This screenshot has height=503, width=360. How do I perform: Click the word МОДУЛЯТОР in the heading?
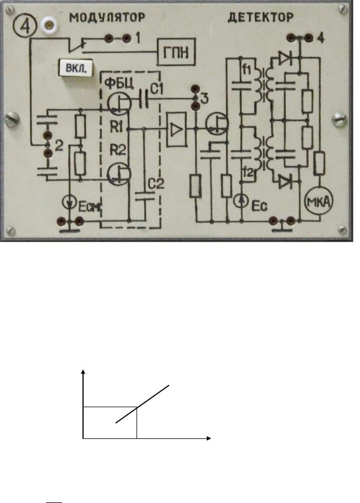[x=107, y=18]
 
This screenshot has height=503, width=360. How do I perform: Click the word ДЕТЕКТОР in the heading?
[x=261, y=17]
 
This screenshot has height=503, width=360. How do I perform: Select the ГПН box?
[x=176, y=52]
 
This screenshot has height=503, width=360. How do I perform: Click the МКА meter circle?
[x=319, y=202]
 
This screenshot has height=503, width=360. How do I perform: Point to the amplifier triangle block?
[x=176, y=129]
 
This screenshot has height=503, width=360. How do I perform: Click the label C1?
[x=157, y=88]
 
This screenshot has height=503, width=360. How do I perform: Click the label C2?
[x=156, y=184]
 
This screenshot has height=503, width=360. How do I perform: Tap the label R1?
[x=116, y=128]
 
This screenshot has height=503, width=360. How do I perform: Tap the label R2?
[x=118, y=150]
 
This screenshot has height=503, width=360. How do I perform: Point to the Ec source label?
[x=259, y=206]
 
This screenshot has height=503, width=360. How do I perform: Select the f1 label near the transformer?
[x=246, y=69]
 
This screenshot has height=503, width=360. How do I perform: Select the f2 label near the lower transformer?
[x=247, y=173]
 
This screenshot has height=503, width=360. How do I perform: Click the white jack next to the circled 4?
[x=50, y=25]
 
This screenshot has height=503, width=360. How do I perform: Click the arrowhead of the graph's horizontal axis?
[x=209, y=438]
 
